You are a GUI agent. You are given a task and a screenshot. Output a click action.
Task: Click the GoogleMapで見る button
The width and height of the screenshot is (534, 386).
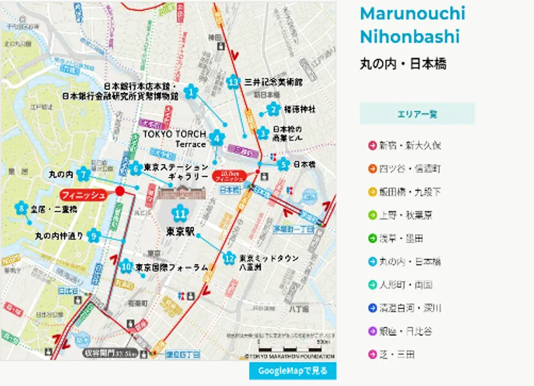[292, 371]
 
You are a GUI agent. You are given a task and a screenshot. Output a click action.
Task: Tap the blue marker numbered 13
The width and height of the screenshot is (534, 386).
[234, 82]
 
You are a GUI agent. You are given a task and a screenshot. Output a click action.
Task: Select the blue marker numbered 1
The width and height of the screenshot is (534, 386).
[190, 93]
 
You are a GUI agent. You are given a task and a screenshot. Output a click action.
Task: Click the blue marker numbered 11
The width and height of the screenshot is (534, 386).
[181, 214]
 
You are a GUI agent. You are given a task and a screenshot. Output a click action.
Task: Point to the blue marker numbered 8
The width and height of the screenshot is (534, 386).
[22, 209]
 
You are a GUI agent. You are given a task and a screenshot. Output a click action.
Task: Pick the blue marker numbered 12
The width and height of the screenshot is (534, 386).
[229, 259]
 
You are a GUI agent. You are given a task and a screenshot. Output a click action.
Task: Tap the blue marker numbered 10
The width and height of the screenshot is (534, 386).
[126, 266]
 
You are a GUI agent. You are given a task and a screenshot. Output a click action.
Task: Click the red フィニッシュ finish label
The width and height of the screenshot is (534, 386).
[83, 195]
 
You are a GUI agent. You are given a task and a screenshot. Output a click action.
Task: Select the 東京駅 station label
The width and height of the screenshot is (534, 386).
[180, 231]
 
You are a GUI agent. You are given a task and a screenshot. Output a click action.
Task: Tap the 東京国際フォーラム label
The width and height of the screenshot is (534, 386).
[172, 268]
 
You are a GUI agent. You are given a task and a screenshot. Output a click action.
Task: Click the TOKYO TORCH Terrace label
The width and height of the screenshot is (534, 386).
[174, 139]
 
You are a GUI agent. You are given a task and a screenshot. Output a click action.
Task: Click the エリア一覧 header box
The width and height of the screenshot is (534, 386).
[417, 114]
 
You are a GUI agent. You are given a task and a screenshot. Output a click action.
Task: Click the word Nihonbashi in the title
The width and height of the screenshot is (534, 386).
[409, 37]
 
